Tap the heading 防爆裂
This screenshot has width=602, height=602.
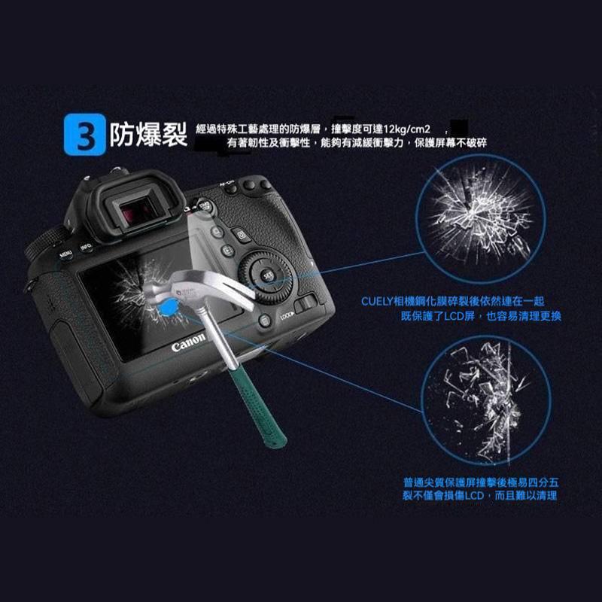[x=147, y=135]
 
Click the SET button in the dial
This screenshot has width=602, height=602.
[x=269, y=276]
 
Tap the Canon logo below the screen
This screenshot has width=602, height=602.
[x=188, y=346]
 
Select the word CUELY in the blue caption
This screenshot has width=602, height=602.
[x=377, y=302]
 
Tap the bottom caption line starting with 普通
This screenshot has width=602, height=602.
[x=482, y=482]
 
